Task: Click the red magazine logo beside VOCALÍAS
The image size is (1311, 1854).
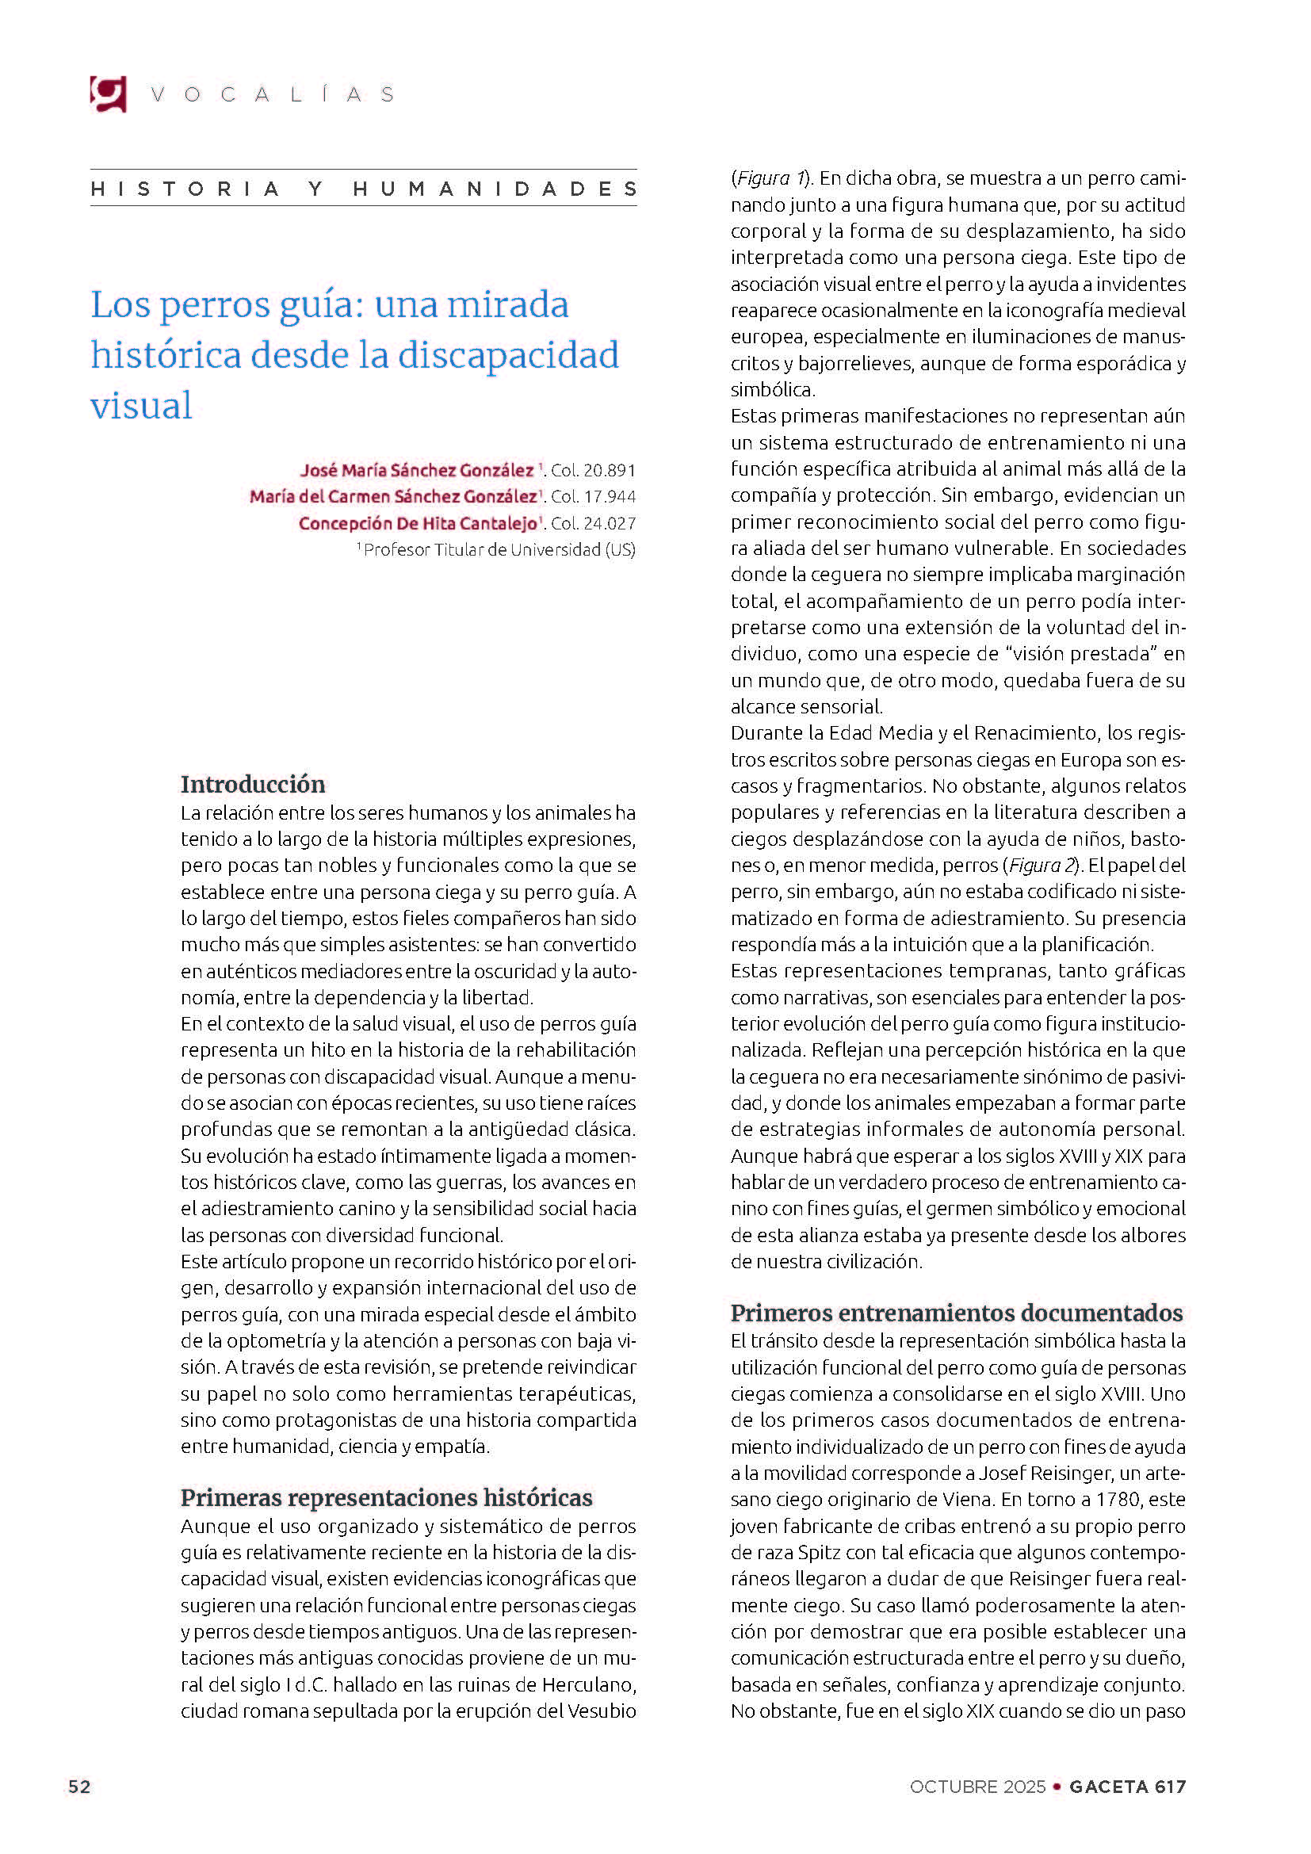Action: pos(108,94)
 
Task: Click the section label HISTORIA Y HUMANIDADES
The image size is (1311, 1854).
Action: pos(363,189)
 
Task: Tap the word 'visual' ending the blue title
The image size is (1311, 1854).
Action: pos(141,405)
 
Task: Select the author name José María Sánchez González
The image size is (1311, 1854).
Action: pos(417,470)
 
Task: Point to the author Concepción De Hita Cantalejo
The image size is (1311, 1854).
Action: pos(419,523)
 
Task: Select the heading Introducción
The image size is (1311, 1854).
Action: pos(253,784)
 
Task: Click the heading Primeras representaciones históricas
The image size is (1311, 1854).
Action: pos(386,1498)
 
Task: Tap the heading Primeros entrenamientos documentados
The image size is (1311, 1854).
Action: pos(957,1313)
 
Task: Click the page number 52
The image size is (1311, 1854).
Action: pos(79,1787)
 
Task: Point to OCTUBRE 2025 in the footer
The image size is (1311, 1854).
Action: pos(977,1787)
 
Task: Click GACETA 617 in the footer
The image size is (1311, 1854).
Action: pos(1128,1787)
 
